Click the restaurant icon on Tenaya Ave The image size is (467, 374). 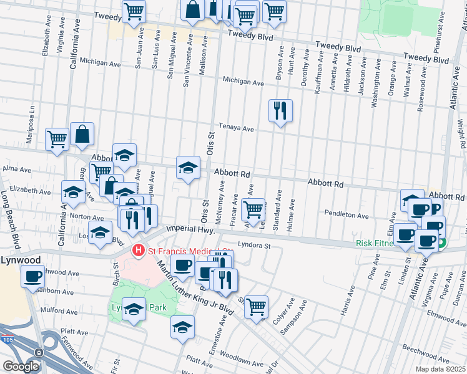[280, 111]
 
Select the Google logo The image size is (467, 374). [20, 367]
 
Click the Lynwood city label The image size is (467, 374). [20, 259]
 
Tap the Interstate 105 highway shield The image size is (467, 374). [39, 352]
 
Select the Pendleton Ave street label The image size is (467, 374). [347, 214]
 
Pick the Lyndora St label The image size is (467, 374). [253, 246]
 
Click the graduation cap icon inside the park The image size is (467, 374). [134, 309]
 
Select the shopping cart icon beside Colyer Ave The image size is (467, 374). [256, 307]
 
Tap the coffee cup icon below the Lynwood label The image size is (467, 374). [32, 276]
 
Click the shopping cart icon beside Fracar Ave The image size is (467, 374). [253, 209]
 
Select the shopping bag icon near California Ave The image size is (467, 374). [82, 133]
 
